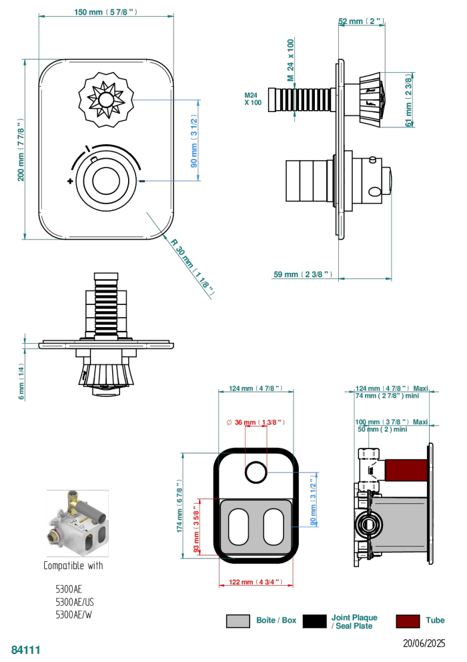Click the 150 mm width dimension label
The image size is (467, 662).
coord(106,11)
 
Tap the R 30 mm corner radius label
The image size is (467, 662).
coord(193,267)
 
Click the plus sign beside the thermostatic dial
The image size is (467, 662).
coord(70,181)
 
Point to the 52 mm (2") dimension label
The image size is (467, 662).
coord(362,21)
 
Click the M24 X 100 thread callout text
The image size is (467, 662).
coord(253,99)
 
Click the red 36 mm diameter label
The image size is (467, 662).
coord(256,422)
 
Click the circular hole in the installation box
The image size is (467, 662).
coord(256,472)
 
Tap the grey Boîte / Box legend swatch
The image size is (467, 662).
coord(238,621)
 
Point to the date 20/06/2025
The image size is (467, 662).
coord(424,643)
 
